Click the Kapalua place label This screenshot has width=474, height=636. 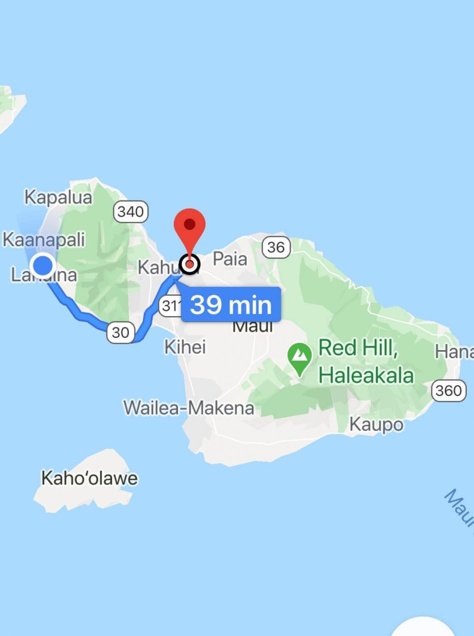coord(58,197)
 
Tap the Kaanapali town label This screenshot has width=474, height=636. coord(44,239)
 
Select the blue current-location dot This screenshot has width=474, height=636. coord(43,265)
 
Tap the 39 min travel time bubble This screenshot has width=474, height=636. coord(231,304)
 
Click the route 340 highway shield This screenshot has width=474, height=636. coord(131,211)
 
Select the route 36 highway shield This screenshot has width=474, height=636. coord(276,247)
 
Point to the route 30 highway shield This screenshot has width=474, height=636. coord(120,332)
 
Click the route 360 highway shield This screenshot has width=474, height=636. coord(448,390)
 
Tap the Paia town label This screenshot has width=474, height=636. coord(230,259)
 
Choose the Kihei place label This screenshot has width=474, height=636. coord(185,347)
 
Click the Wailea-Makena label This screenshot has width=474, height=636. coord(189,408)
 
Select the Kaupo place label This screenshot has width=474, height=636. coord(376,424)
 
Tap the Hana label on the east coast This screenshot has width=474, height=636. coord(454,351)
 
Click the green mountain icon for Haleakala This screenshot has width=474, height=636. coord(299,358)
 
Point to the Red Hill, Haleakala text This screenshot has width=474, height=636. coord(366,361)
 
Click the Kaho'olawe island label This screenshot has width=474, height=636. coord(89,478)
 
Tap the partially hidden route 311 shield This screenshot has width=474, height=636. coord(170,305)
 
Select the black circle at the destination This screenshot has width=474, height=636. coord(190,264)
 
